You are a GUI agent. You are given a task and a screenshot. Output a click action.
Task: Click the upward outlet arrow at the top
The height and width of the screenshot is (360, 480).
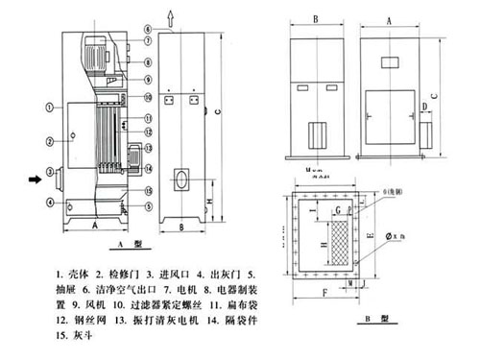click(x=171, y=14)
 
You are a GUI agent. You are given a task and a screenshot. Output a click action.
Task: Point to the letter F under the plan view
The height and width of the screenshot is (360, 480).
click(x=325, y=289)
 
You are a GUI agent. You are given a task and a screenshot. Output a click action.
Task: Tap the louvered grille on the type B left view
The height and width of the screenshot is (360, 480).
click(x=318, y=138)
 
